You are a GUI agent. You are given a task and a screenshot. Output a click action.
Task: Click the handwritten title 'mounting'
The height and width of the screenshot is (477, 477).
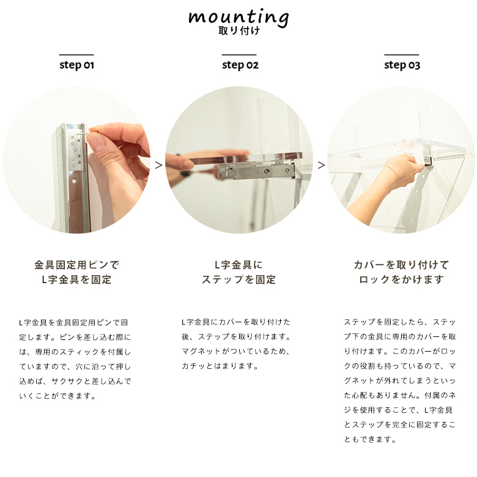(x=239, y=18)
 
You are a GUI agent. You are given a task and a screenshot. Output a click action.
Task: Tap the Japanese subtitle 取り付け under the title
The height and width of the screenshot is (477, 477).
(x=239, y=31)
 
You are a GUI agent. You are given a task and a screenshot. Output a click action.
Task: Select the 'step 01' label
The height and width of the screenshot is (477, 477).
(x=76, y=65)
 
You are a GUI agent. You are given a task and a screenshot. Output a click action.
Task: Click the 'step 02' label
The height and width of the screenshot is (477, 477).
(x=240, y=65)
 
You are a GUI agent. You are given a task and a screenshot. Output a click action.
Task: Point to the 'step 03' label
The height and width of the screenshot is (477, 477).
(x=402, y=65)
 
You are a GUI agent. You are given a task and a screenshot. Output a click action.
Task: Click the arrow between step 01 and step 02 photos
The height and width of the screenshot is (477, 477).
(x=159, y=165)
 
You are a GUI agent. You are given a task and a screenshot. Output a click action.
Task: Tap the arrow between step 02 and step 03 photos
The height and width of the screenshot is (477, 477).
(x=321, y=165)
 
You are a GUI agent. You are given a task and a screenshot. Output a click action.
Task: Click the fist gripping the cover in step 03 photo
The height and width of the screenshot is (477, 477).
(x=401, y=171)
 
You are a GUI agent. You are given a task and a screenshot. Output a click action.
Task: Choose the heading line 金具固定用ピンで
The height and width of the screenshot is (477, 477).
(x=76, y=265)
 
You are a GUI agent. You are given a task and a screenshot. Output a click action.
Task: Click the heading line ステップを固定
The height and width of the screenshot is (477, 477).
(x=239, y=279)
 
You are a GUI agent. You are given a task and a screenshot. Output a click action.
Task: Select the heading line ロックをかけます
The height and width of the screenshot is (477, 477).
(x=401, y=279)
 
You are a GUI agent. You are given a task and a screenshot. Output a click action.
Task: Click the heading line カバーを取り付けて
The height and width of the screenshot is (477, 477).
(x=401, y=265)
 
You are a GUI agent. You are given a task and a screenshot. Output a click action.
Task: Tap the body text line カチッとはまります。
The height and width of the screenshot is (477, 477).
(x=220, y=366)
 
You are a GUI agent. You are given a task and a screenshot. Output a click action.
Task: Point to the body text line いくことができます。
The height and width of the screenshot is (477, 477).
(x=58, y=396)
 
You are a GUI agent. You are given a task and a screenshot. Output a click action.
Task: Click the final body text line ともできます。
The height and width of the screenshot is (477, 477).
(x=370, y=440)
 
